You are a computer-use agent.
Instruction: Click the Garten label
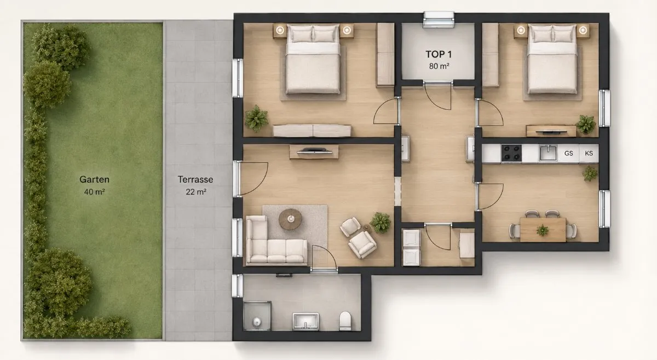tap(94, 179)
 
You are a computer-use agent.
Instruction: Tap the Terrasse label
tap(195, 179)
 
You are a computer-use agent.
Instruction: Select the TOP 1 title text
tap(439, 54)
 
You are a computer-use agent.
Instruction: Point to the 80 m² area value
tap(439, 66)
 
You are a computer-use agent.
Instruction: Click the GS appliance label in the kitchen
tap(568, 153)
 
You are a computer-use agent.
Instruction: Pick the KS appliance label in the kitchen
tap(589, 153)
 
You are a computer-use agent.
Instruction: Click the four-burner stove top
tap(511, 153)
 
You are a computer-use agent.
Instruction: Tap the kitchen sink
tap(548, 153)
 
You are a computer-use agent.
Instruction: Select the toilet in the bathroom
tap(345, 321)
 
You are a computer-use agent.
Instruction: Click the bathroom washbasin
tap(306, 321)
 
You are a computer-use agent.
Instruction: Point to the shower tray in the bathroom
tap(257, 316)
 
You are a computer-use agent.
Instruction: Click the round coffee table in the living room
tap(290, 219)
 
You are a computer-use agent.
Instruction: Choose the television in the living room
tap(314, 151)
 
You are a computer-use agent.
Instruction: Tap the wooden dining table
tap(543, 230)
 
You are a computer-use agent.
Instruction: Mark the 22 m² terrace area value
tap(195, 192)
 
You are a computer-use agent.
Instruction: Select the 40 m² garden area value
tap(94, 192)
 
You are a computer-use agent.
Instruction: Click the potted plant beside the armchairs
tap(381, 223)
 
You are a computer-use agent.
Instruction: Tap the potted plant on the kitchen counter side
tap(590, 173)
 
